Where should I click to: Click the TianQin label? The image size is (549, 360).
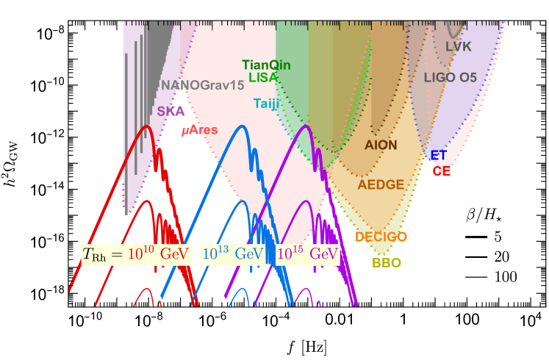(266, 65)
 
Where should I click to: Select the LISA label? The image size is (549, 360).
(263, 76)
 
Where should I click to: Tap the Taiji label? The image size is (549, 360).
(267, 104)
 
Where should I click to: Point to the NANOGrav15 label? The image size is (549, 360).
(202, 85)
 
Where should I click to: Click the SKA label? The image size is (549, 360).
(171, 111)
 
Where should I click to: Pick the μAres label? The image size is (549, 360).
(200, 130)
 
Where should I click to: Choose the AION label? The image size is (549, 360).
(381, 145)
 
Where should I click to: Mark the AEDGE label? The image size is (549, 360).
(381, 185)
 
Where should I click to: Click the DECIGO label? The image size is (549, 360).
(381, 237)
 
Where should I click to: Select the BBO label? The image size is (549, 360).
(387, 262)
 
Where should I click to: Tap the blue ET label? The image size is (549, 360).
(439, 155)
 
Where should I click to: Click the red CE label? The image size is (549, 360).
(442, 170)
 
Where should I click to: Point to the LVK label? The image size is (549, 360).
(459, 47)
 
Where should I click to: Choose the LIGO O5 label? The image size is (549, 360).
(450, 76)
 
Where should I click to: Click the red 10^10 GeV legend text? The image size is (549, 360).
(159, 254)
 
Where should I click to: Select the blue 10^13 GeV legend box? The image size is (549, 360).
(232, 254)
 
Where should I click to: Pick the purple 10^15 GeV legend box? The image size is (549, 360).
(308, 254)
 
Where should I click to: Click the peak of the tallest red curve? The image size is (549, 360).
(148, 126)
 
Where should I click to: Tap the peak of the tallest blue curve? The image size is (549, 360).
(240, 126)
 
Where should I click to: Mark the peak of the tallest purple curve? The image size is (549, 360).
(308, 126)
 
